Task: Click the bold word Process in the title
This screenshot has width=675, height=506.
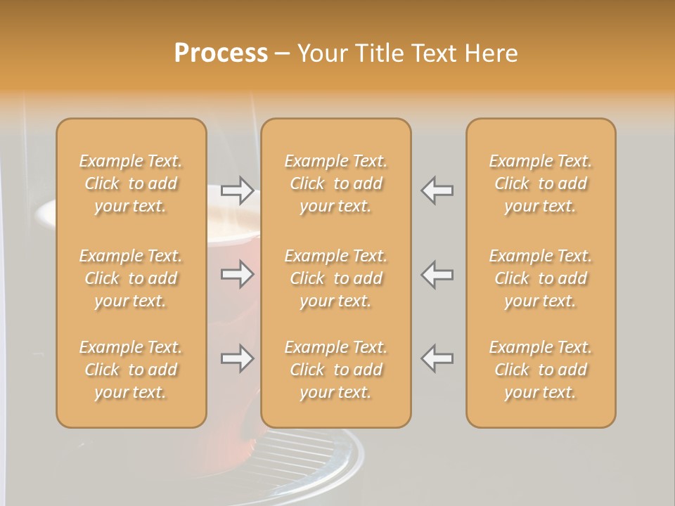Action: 221,53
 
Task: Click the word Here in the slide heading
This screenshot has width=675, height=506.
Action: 492,53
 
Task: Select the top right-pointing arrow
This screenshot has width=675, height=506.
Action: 237,190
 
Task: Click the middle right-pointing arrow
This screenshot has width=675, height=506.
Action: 237,274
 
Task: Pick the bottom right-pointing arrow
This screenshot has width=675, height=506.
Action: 237,359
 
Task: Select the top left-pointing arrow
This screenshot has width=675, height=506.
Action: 437,190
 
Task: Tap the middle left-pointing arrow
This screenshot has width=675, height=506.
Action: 437,274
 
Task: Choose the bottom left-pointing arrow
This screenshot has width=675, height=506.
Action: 437,359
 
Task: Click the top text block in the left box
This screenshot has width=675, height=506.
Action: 131,183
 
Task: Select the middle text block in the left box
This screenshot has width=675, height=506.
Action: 131,278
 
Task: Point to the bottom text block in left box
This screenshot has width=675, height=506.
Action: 131,370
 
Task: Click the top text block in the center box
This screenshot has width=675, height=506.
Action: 335,183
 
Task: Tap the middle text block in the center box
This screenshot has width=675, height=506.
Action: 335,278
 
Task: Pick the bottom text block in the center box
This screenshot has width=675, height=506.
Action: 335,370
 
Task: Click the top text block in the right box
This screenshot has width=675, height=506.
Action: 541,183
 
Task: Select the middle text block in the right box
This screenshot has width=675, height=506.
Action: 541,278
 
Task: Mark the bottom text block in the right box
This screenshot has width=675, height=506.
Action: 541,370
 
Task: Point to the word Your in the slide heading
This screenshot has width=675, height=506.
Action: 323,53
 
